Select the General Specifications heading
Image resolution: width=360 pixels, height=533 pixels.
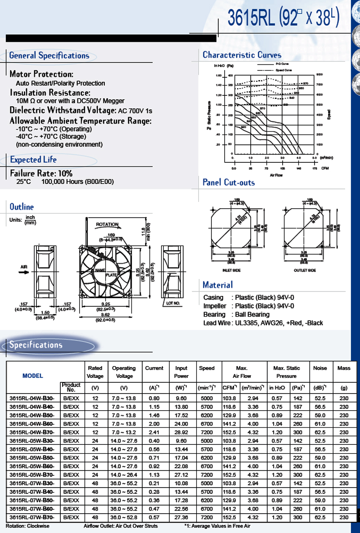pos(49,56)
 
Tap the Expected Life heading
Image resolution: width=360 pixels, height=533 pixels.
pos(33,160)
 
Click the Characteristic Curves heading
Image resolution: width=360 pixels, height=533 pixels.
pos(242,55)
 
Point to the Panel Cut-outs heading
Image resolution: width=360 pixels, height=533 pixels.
pos(229,182)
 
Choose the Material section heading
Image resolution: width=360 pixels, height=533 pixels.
pos(218,285)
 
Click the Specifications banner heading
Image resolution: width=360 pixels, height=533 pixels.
pos(36,345)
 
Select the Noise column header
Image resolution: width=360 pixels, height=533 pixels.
pos(320,368)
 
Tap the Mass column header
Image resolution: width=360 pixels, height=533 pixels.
pos(343,368)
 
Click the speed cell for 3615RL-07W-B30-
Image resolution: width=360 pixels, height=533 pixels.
pos(207,484)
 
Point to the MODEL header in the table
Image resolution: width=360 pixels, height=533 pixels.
pos(32,376)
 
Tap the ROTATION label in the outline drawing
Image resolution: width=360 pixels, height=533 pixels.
pos(107,224)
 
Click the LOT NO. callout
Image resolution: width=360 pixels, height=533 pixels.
pos(173,304)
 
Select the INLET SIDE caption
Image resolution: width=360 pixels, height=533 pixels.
pos(232,270)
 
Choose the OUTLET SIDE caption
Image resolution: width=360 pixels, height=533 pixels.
pos(305,270)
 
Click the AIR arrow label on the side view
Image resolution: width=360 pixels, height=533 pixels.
pos(24,267)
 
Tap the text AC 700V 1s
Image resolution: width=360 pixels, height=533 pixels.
pos(135,111)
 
